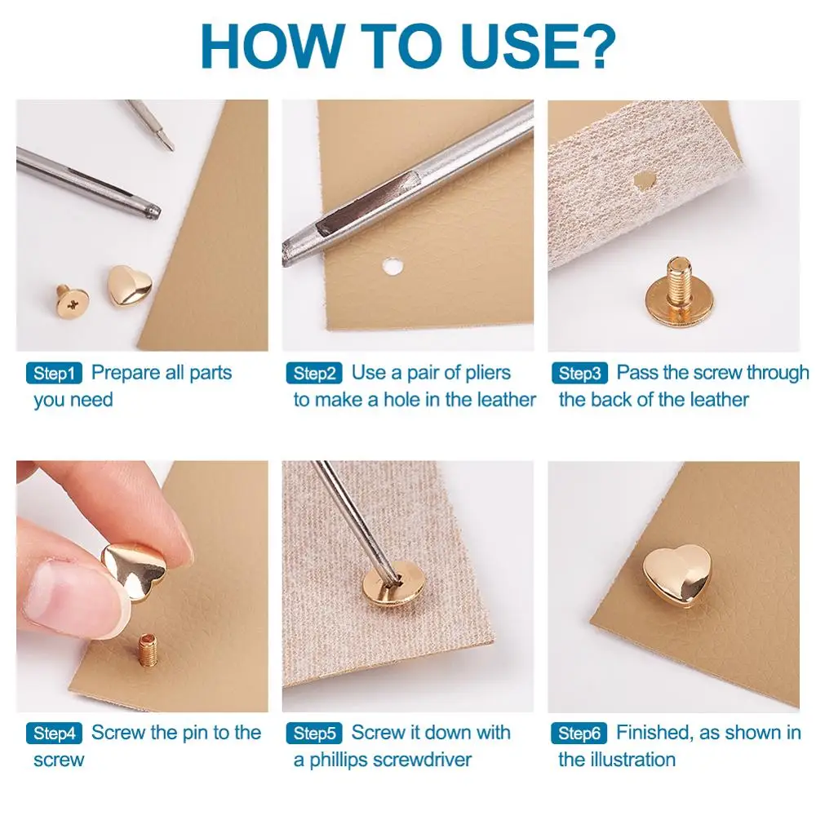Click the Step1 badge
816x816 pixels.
(54, 373)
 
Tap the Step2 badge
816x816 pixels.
(314, 373)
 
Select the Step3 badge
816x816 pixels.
(579, 373)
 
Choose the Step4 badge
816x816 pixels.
(54, 734)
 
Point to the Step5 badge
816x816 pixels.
(314, 734)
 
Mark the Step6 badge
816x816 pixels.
(579, 734)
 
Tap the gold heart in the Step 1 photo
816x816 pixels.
(130, 285)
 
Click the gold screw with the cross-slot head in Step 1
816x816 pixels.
(73, 301)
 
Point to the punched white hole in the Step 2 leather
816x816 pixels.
(392, 267)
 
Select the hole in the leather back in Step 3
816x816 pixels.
(645, 180)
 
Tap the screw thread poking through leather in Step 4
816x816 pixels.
(147, 650)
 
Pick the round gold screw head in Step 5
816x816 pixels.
(390, 583)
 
